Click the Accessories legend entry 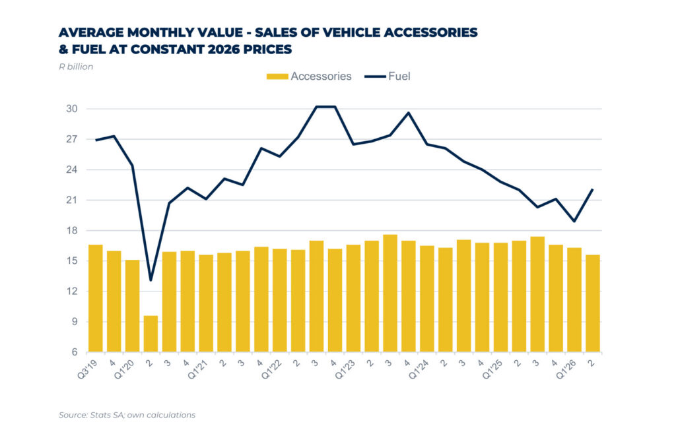click(309, 77)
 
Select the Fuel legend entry click(387, 77)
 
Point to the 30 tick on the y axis click(72, 108)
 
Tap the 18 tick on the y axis click(72, 230)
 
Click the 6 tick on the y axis click(75, 352)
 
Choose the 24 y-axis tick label click(72, 170)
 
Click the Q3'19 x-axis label click(88, 369)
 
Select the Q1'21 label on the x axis click(198, 369)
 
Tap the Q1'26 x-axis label click(566, 369)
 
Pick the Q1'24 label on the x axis click(419, 369)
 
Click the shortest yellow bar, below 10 click(151, 334)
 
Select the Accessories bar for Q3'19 click(95, 298)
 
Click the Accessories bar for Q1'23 click(353, 298)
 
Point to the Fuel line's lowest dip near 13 click(151, 281)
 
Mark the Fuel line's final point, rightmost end click(593, 189)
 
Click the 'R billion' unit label click(76, 67)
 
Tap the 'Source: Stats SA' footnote click(127, 415)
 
